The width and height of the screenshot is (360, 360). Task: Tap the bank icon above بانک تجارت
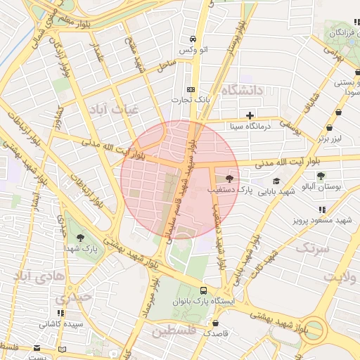[x=191, y=89]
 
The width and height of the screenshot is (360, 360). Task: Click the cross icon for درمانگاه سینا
[x=250, y=115]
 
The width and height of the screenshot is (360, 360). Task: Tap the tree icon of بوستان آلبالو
[x=321, y=175]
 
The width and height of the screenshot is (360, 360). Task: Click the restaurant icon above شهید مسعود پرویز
[x=322, y=210]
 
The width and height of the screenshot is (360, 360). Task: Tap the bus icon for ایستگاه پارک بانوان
[x=203, y=290]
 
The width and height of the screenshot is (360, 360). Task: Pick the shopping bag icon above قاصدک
[x=215, y=323]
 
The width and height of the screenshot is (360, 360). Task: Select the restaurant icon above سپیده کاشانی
[x=61, y=313]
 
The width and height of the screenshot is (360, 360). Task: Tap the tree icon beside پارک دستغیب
[x=230, y=179]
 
